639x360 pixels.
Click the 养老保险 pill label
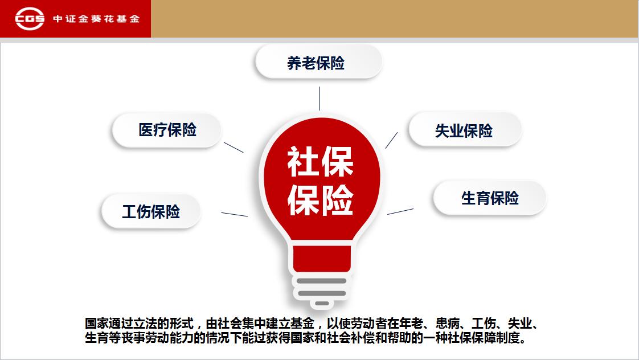(x=319, y=62)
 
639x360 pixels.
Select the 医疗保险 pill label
(x=167, y=130)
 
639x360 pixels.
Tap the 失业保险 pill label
(x=465, y=130)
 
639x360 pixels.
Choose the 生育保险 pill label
(x=489, y=198)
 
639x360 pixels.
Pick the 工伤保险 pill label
(x=151, y=211)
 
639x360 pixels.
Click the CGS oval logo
(x=30, y=18)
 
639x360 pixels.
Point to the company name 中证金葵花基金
(x=97, y=19)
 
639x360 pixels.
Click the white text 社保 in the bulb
(x=320, y=162)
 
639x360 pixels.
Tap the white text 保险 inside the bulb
(x=320, y=199)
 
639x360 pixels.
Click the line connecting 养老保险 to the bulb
(x=319, y=98)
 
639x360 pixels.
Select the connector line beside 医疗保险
(x=234, y=147)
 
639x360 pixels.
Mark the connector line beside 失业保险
(x=391, y=140)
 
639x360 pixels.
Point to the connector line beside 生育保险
(x=400, y=211)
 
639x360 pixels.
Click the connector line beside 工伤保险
(x=234, y=214)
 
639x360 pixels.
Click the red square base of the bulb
(x=322, y=259)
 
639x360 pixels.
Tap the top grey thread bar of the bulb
(x=322, y=281)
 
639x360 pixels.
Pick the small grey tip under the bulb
(x=322, y=304)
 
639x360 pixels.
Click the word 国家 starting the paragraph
(x=97, y=324)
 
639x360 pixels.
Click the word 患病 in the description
(x=448, y=324)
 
